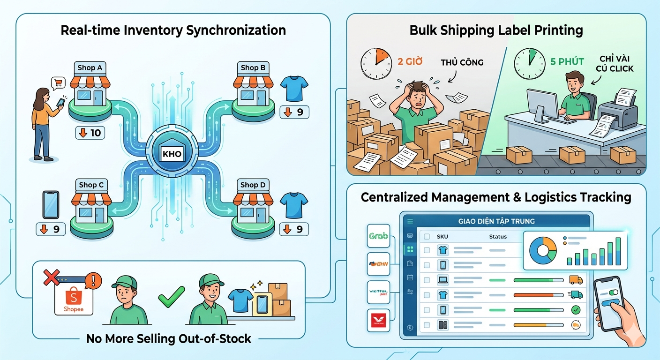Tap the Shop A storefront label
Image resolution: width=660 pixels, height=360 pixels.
pos(90,68)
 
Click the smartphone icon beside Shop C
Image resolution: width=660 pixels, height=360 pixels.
pos(51,204)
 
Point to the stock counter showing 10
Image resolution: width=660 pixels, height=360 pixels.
pos(90,133)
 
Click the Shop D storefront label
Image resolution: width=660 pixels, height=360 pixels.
pos(253,185)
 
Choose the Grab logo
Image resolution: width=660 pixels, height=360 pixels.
pos(378,236)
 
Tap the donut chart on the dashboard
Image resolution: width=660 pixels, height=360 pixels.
pos(542,251)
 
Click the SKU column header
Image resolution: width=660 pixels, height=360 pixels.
pos(442,237)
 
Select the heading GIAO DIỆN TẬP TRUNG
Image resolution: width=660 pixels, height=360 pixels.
pos(496,221)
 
